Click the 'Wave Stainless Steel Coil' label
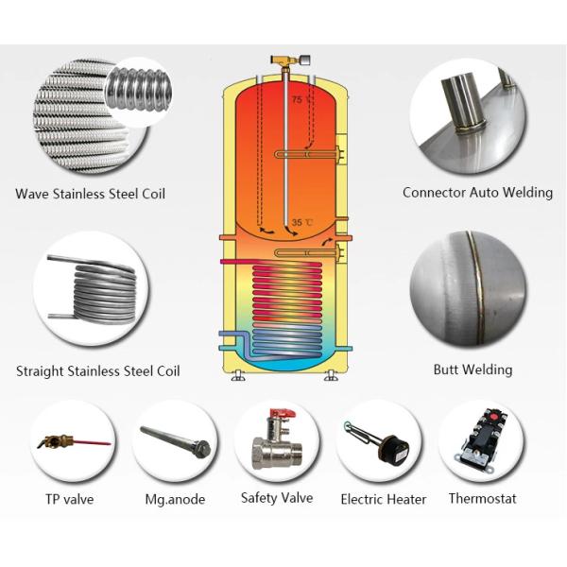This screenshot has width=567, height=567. click(90, 194)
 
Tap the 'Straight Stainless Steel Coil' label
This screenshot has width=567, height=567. click(97, 370)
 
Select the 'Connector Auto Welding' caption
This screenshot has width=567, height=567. click(477, 192)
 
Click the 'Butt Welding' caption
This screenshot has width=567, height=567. click(472, 369)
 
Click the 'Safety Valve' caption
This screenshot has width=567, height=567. click(277, 498)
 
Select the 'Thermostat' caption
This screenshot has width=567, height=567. click(482, 498)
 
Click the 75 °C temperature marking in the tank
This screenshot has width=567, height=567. click(301, 99)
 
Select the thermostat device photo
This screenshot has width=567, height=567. click(480, 441)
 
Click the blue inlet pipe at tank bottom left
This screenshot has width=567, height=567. click(231, 336)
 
